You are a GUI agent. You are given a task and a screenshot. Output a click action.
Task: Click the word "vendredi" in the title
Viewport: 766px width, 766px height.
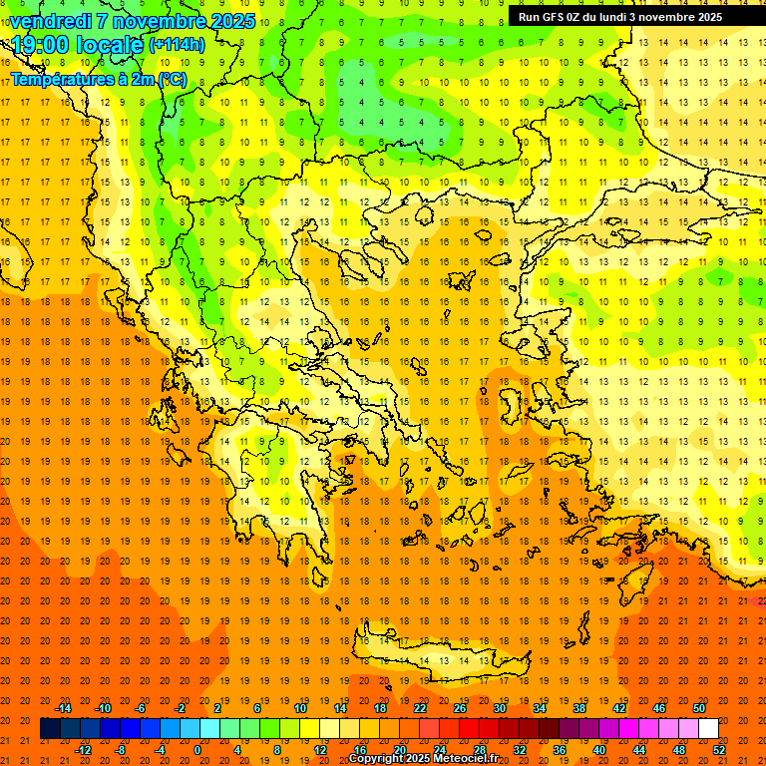[x=51, y=21]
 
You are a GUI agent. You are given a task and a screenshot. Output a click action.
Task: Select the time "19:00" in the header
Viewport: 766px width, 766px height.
[x=44, y=45]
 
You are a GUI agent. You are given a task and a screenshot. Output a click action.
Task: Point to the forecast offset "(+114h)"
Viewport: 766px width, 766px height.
[x=177, y=45]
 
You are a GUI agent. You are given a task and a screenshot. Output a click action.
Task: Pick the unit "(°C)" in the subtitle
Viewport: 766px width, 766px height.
[x=171, y=79]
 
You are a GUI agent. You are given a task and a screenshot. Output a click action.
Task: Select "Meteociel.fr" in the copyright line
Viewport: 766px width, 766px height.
[x=465, y=759]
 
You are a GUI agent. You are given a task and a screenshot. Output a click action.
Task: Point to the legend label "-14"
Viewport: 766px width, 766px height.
[x=63, y=708]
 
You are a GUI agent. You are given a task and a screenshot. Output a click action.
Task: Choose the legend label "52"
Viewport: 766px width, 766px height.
[x=720, y=750]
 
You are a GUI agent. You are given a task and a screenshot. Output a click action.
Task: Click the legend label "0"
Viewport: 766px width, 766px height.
[x=196, y=750]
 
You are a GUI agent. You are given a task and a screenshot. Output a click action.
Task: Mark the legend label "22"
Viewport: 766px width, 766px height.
[x=420, y=708]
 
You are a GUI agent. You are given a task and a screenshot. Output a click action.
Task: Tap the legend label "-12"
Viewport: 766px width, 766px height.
[x=83, y=750]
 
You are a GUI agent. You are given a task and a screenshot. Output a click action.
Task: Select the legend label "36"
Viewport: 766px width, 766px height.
[x=559, y=750]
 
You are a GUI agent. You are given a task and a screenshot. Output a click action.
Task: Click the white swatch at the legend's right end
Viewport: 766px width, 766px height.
[x=708, y=729]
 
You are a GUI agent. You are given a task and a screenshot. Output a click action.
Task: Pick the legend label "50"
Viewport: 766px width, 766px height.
[x=699, y=708]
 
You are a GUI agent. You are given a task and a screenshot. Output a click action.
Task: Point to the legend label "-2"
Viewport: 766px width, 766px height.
[x=181, y=708]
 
